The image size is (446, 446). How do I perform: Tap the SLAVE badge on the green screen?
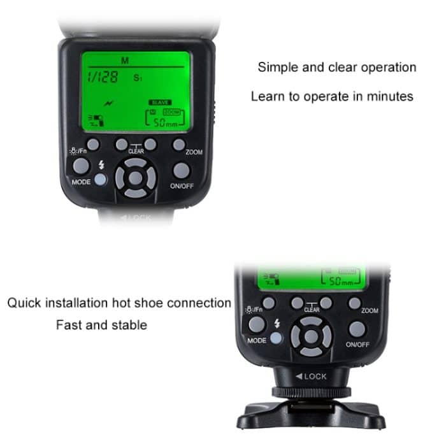[x=160, y=102]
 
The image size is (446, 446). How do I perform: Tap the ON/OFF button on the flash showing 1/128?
[x=182, y=171]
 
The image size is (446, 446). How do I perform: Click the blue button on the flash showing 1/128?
[x=101, y=180]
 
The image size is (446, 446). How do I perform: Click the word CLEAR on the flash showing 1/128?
[x=136, y=152]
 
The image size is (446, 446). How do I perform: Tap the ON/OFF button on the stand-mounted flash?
[x=357, y=329]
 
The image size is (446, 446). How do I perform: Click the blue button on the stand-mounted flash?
[x=277, y=338]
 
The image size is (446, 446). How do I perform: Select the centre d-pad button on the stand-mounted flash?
[x=311, y=334]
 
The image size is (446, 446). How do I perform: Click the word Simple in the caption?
[x=278, y=67]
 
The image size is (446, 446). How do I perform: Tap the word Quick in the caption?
[x=25, y=302]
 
